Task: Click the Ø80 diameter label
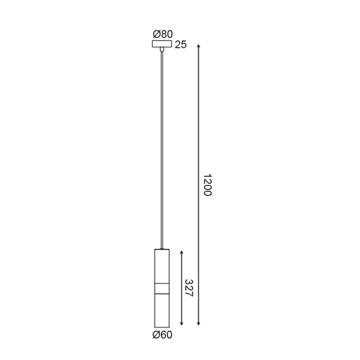point(162,34)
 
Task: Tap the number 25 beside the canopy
point(180,45)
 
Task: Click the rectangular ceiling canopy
point(162,44)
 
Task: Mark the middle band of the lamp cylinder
point(162,289)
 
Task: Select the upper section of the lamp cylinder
point(162,265)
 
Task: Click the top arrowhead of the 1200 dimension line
point(199,45)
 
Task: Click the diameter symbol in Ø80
point(155,34)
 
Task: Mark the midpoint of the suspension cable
point(162,150)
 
